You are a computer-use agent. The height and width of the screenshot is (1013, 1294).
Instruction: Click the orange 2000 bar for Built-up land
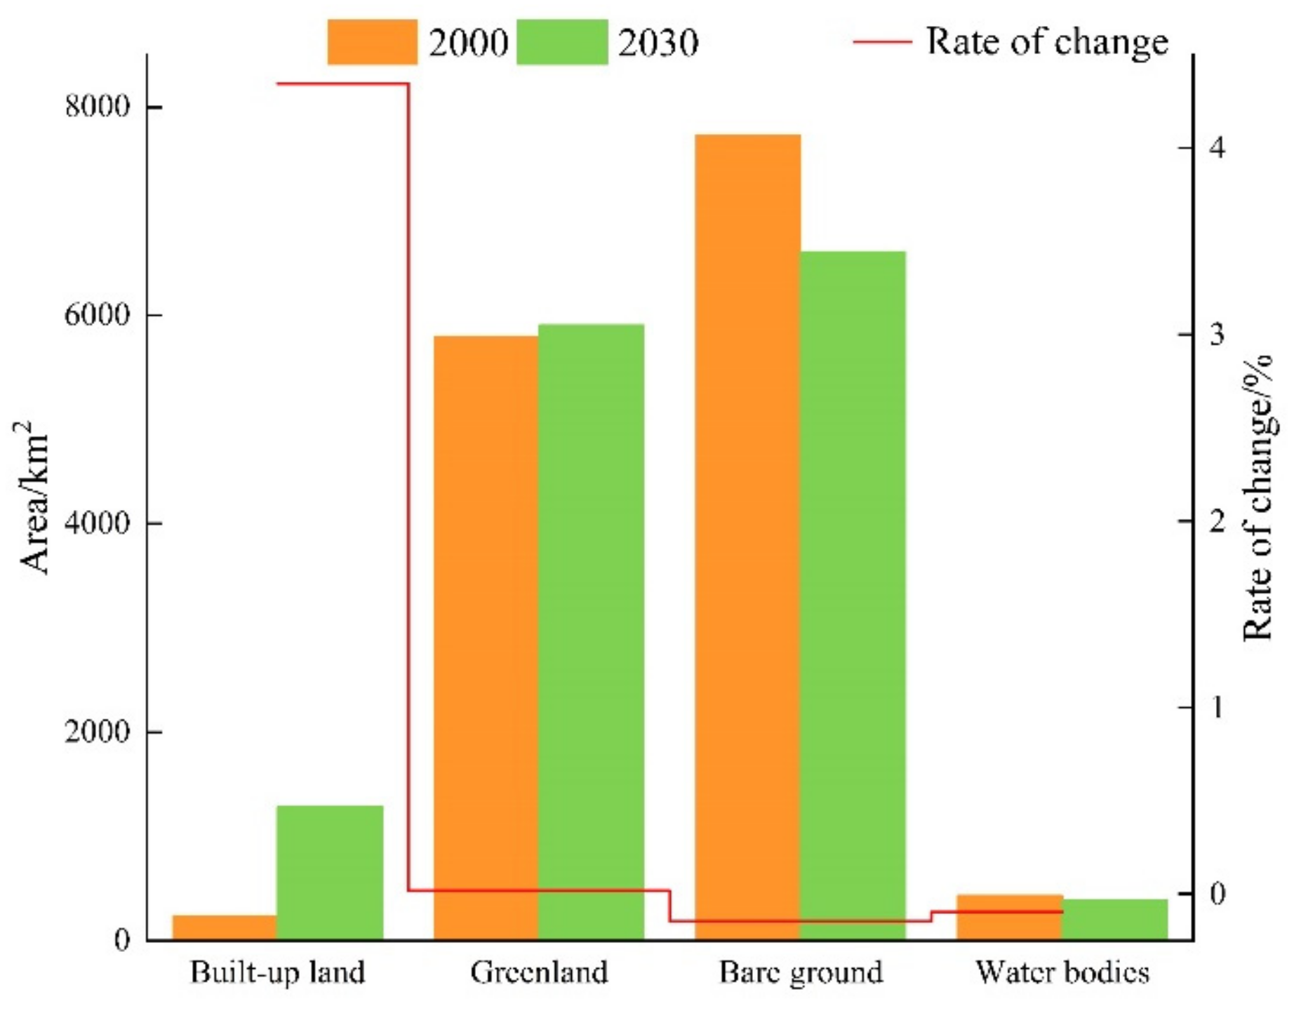(x=225, y=927)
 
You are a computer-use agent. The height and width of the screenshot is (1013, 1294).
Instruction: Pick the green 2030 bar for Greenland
(x=591, y=631)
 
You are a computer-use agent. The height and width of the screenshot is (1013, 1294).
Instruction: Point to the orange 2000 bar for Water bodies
(x=1009, y=918)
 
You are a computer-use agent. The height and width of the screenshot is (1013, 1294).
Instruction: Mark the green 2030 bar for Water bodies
(x=1114, y=920)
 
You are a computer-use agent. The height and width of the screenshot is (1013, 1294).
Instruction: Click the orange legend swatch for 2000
(x=372, y=42)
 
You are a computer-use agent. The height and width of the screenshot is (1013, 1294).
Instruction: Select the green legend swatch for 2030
(x=561, y=42)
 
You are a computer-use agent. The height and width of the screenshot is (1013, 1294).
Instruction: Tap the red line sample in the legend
(x=881, y=42)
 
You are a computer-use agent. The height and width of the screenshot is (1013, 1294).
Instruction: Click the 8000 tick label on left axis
(x=97, y=106)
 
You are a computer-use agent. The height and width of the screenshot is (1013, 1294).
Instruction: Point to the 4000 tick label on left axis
(x=97, y=523)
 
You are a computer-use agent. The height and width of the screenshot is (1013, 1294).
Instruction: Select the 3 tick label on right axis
(x=1217, y=334)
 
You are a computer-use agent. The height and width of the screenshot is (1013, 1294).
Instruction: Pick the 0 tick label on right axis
(x=1217, y=893)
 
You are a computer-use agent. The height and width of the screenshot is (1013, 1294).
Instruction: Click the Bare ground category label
(x=800, y=973)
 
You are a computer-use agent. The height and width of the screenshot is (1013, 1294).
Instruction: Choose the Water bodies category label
(x=1062, y=973)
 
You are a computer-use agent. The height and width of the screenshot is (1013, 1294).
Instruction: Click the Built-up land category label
(x=277, y=973)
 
